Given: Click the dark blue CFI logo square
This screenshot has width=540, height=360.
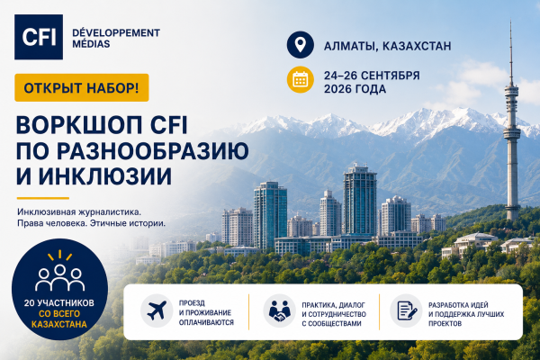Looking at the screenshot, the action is tap(39, 37).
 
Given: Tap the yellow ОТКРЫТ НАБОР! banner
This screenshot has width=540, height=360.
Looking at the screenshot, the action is tap(82, 88).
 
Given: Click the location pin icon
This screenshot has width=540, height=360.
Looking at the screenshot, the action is tap(301, 45).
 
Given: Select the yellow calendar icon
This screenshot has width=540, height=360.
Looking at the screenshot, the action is tap(301, 79).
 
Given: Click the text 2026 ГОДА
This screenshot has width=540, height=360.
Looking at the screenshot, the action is tap(355, 89).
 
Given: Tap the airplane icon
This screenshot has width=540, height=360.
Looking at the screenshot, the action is tap(157, 310).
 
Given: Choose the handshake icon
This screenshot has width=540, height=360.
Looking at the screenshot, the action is tap(280, 310).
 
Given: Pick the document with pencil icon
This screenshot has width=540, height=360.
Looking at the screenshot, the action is tap(407, 310).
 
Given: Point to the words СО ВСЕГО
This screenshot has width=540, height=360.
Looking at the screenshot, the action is tap(59, 314).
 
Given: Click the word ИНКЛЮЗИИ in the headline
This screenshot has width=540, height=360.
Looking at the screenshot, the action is tap(104, 176).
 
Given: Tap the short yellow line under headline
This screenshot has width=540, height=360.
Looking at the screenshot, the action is tap(43, 198).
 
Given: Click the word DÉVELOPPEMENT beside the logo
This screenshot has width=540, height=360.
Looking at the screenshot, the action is tap(116, 33).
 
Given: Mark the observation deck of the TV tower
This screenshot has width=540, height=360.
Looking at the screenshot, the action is tap(512, 132).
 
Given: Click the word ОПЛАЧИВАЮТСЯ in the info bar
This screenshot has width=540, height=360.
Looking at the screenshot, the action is tap(206, 322).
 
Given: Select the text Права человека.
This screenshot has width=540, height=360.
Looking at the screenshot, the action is tap(51, 223).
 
